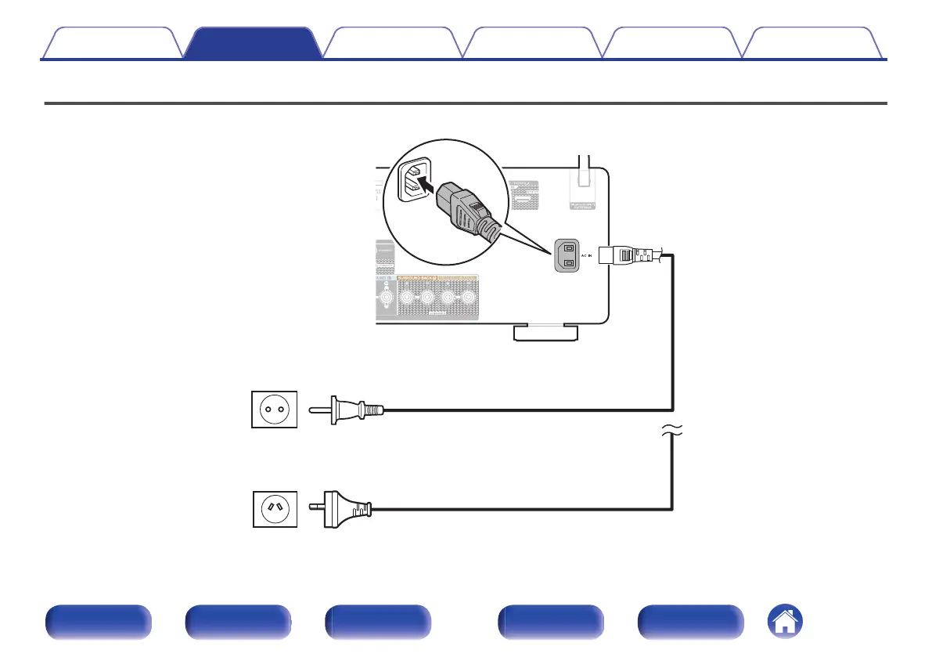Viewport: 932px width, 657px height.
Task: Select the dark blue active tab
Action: pos(255,44)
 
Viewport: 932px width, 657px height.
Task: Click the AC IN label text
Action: pos(588,256)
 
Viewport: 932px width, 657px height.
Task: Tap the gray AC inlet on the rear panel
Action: pos(567,256)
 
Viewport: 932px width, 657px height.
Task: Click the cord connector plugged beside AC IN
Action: pos(631,255)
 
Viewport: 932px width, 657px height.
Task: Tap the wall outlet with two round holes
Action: pos(275,410)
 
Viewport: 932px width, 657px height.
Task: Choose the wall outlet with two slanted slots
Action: pos(275,508)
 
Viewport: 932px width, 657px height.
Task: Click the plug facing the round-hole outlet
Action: pos(348,410)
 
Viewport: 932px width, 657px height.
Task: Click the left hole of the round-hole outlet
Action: pos(267,410)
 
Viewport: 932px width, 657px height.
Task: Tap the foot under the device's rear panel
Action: pos(546,334)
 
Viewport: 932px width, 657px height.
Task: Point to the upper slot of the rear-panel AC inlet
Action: pos(567,248)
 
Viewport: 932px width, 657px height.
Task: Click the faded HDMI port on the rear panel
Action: pos(519,199)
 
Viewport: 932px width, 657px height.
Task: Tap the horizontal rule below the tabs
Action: pos(466,103)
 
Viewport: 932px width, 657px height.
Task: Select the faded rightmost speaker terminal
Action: pos(468,298)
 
